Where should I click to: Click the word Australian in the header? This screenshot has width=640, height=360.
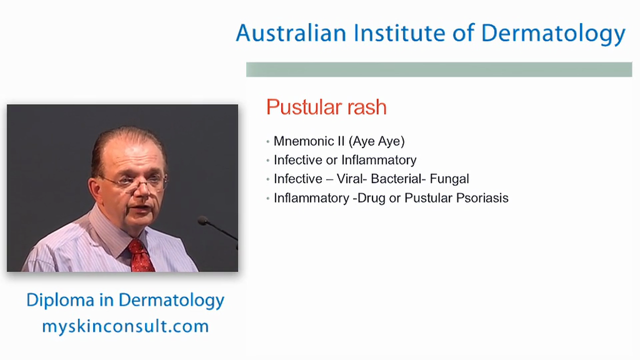pos(291,33)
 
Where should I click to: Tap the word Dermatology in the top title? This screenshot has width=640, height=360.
pos(553,34)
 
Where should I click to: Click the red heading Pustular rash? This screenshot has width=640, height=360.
pos(326,107)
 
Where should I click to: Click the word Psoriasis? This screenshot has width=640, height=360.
pos(482,198)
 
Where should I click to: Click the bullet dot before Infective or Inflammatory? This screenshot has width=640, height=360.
pos(268,160)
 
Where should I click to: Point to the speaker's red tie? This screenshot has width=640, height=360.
pos(141,254)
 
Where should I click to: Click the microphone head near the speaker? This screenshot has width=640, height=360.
pos(202,220)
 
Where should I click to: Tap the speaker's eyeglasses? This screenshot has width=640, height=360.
pos(134,181)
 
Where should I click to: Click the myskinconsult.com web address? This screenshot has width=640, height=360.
pos(125,326)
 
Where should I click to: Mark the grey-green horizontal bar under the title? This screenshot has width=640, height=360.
pos(439,69)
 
